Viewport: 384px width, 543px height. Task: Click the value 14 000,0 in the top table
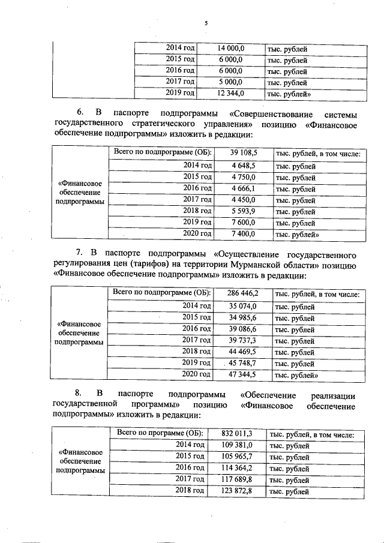(230, 47)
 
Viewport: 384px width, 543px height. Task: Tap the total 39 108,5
(243, 153)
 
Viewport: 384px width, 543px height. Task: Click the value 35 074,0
(242, 306)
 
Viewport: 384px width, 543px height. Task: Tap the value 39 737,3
(242, 340)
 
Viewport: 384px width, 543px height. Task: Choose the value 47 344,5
(242, 374)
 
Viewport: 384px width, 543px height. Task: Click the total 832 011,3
(236, 433)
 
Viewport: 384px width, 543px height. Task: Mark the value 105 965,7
(236, 457)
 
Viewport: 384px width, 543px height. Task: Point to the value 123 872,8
(236, 491)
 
